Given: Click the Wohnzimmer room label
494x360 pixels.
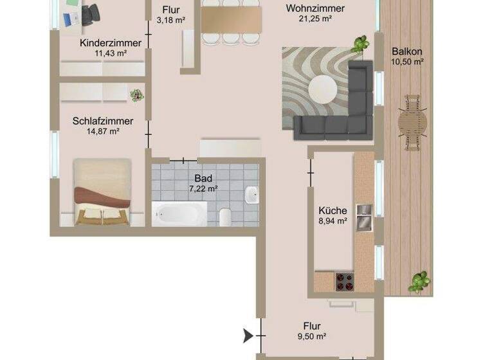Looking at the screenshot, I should tap(315, 8).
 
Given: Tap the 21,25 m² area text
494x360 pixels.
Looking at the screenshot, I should tap(315, 19).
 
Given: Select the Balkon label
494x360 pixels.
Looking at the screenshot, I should tap(407, 51).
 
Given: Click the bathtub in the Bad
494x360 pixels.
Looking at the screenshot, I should tap(179, 213).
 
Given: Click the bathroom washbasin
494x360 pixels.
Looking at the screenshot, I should tap(252, 193).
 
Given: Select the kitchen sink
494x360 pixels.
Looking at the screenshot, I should tap(364, 216).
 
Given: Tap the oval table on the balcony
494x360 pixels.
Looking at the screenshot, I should tap(412, 122).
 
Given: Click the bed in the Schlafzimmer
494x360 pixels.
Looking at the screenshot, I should tap(102, 193).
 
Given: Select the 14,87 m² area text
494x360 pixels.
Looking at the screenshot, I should tap(103, 131).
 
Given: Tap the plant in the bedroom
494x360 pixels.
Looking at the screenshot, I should tap(136, 95).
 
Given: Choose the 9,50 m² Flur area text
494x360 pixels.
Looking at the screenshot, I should tap(312, 336).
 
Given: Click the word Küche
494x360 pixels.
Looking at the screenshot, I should tap(333, 210).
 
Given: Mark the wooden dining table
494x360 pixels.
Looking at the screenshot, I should tap(232, 19).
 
